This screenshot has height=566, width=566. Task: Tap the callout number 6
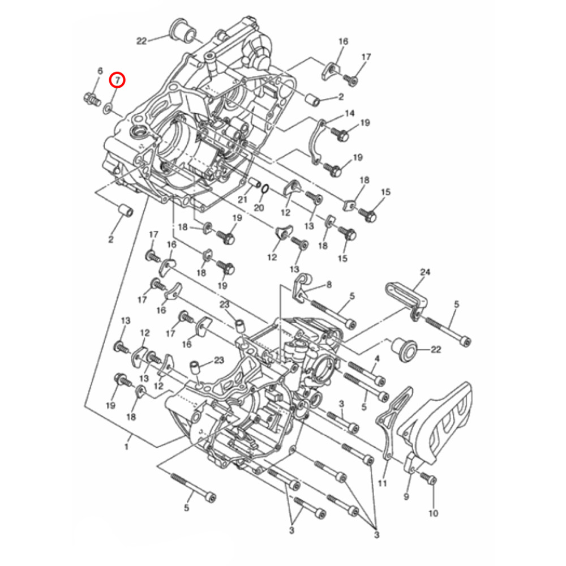pos(100,71)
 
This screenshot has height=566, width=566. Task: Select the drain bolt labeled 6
pos(89,100)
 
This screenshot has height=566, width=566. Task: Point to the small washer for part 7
pos(107,107)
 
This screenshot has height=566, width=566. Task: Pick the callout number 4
pos(377,359)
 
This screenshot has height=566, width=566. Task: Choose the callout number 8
pos(329,285)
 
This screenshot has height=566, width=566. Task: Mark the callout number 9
pos(406,497)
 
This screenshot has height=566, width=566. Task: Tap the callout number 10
pos(434,513)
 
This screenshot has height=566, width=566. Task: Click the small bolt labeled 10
pos(431,480)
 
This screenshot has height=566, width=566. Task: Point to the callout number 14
pos(349,113)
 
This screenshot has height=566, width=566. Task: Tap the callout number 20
pos(259,208)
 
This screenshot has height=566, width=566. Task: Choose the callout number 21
pos(243,199)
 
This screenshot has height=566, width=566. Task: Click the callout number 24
pos(424,272)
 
